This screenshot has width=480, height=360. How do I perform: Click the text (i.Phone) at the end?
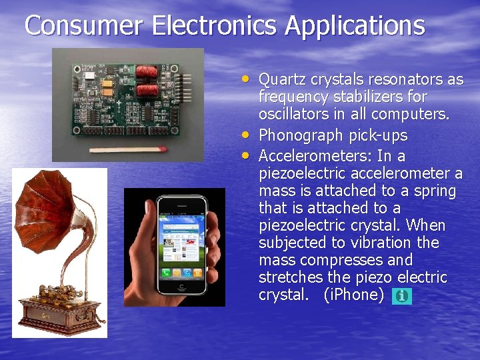point(353,295)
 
